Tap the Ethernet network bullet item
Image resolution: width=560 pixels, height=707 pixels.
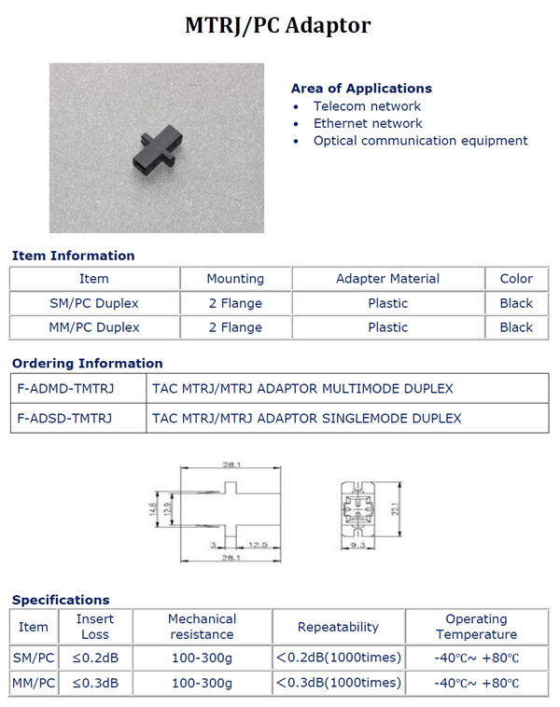point(368,123)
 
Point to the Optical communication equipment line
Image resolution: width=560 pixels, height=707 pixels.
point(420,141)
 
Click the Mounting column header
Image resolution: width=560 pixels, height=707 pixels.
point(235,279)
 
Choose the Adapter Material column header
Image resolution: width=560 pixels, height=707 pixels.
point(387,279)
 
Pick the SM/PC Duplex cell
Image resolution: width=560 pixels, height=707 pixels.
point(94,303)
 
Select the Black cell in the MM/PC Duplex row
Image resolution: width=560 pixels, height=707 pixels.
point(516,327)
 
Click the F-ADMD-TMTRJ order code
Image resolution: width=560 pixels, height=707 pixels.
point(65,388)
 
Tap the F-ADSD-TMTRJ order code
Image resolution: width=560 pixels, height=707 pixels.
point(64,419)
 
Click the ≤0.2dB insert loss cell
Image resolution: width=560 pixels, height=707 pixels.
point(95,658)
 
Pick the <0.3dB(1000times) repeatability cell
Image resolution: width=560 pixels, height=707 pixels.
point(337,683)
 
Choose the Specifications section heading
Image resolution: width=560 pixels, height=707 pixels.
point(61,600)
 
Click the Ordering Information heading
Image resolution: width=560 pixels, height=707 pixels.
point(87,363)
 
